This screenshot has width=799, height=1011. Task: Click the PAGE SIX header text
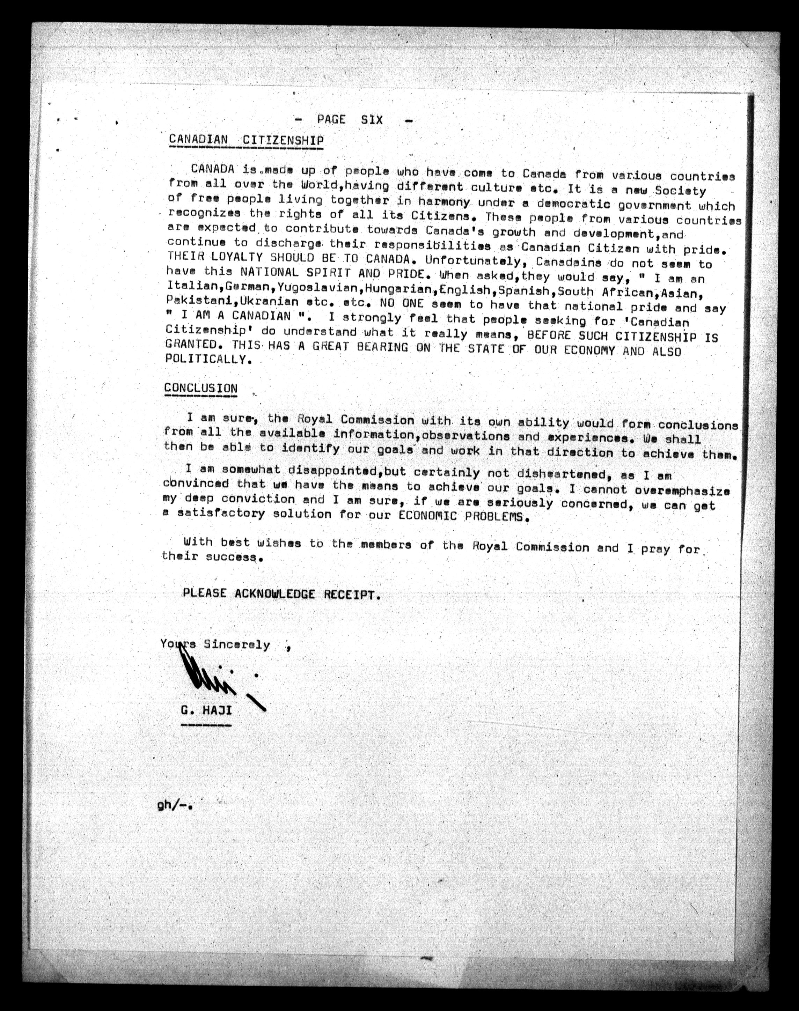(350, 120)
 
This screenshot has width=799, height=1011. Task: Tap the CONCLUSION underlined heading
(201, 388)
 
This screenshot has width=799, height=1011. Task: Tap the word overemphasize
(682, 490)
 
